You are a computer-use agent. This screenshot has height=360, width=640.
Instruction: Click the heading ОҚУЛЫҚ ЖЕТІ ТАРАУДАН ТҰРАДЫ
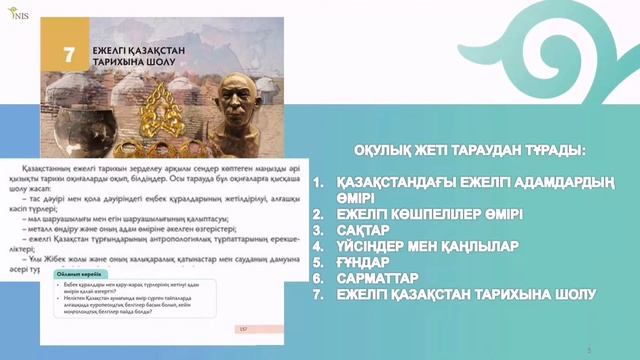click(x=469, y=151)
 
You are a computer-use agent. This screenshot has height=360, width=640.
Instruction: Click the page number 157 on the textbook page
click(x=243, y=327)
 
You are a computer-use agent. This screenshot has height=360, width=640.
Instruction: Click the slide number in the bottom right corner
click(x=589, y=349)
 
